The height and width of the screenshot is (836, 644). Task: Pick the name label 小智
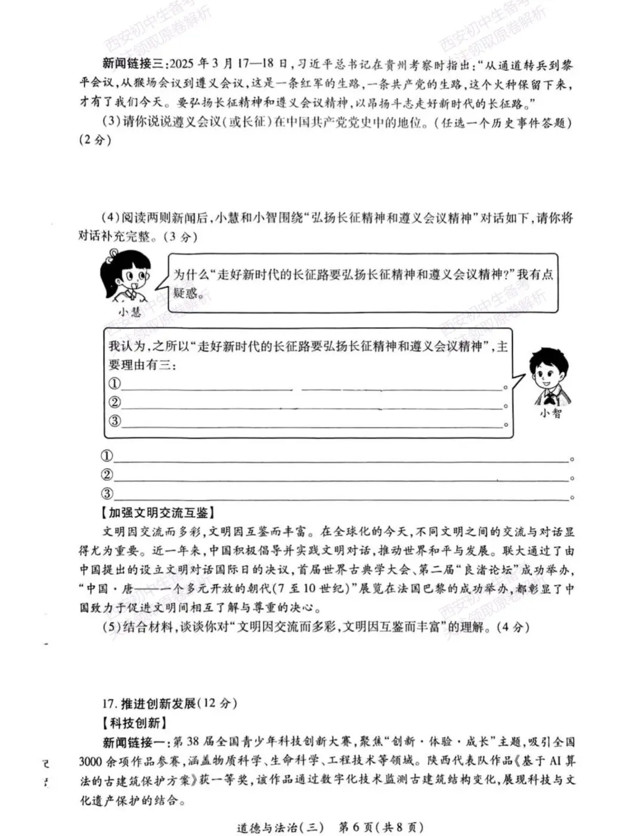tap(550, 413)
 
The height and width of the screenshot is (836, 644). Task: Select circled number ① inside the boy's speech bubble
tap(114, 383)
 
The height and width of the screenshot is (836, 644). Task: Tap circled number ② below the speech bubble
tap(107, 475)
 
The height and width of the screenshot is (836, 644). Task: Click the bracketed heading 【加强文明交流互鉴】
tap(158, 513)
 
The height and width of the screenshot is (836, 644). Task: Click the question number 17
tap(109, 703)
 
